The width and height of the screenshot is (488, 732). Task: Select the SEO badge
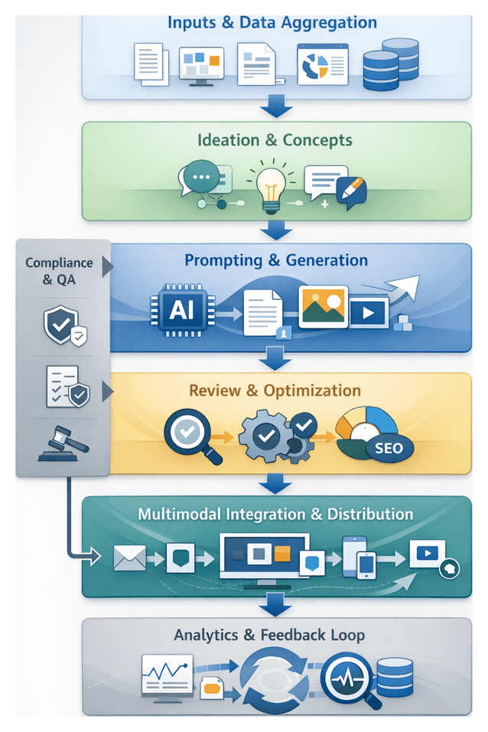389,448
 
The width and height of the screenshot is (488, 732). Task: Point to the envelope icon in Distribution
128,558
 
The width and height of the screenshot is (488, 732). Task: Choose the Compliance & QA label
59,271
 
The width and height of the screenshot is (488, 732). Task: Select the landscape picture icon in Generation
323,306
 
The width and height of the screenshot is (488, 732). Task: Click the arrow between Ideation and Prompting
275,230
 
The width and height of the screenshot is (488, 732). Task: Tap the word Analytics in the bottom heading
207,635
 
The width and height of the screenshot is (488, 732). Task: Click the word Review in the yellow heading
213,391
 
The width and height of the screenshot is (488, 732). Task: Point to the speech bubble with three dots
200,178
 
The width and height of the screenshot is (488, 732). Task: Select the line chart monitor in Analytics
167,676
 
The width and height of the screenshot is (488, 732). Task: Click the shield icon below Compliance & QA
61,326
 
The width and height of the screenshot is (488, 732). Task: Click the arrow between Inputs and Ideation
275,108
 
